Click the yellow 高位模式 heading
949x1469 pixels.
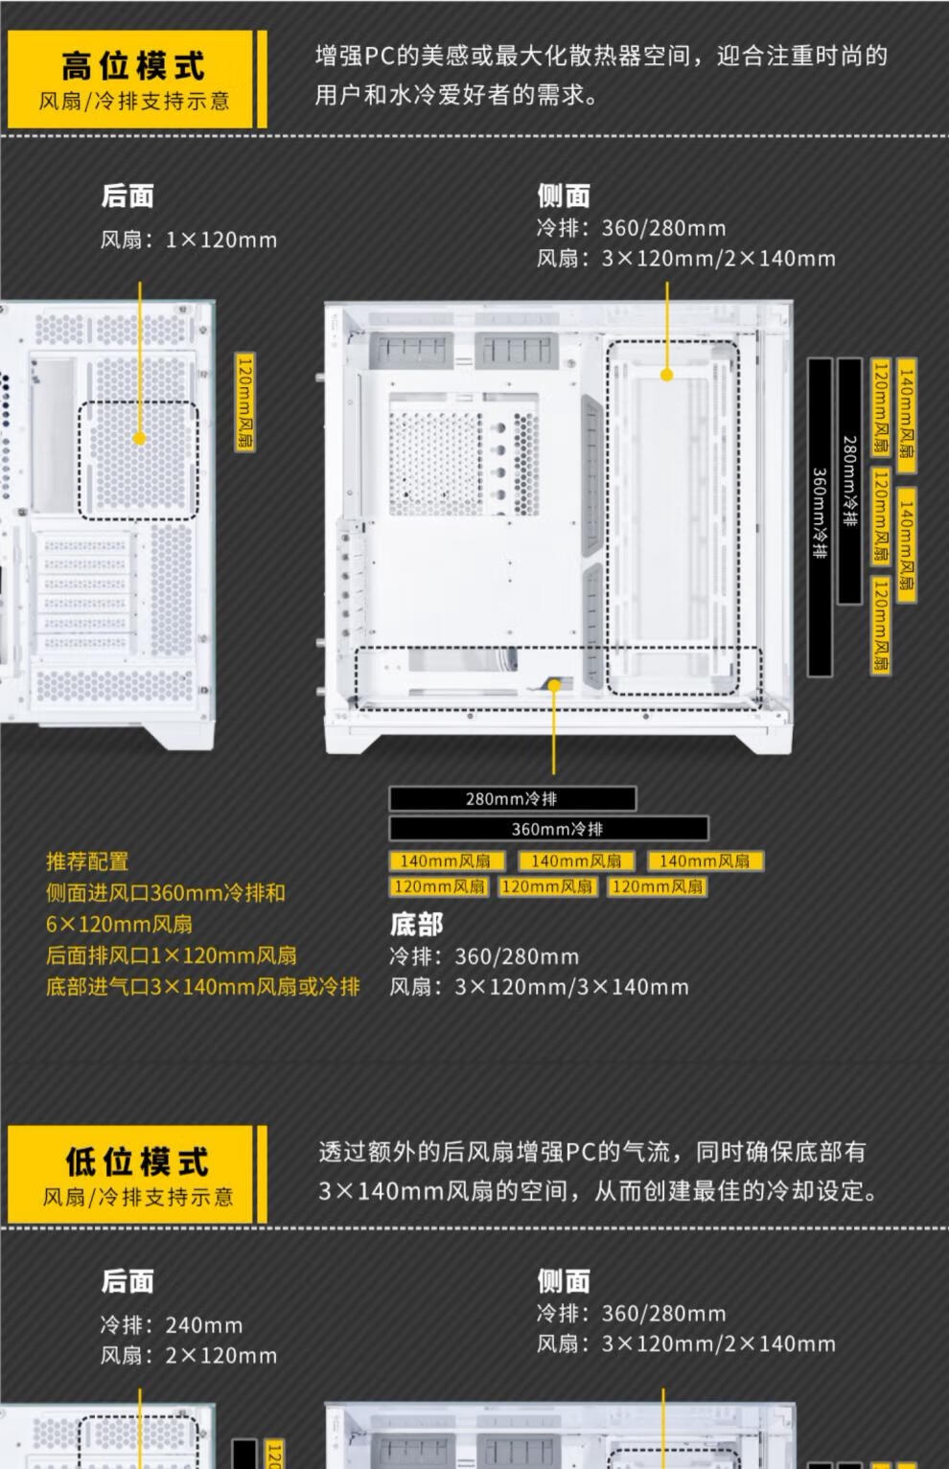coord(133,65)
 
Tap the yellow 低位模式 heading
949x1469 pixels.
coord(136,1161)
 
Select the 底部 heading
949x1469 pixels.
coord(416,924)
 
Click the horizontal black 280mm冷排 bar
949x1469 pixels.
coord(512,798)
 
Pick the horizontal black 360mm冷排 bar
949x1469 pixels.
coord(548,828)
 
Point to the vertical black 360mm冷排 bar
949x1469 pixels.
coord(820,517)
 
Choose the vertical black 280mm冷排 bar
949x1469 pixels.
coord(849,481)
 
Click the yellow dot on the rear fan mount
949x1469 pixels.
coord(140,438)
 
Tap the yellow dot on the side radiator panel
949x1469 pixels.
coord(667,375)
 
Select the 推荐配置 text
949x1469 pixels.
coord(87,861)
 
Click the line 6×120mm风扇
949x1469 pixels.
coord(119,924)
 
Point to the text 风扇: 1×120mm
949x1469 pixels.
coord(189,240)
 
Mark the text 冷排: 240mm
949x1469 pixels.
coord(172,1325)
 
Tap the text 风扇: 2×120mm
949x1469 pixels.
coord(189,1356)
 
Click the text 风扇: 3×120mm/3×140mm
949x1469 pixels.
coord(539,987)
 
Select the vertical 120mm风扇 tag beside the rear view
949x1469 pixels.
coord(245,402)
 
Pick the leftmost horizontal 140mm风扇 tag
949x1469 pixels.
coord(446,861)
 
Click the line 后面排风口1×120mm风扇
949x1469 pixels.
coord(172,955)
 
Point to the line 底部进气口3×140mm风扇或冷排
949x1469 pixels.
coord(202,986)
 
